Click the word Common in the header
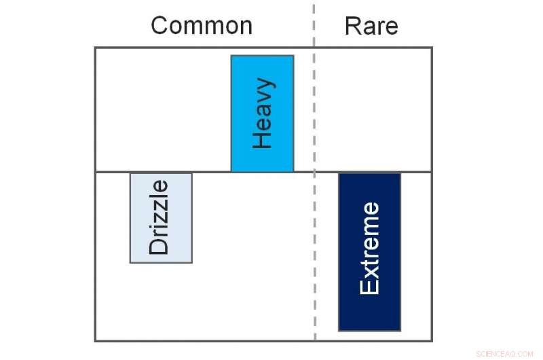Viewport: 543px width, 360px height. click(202, 26)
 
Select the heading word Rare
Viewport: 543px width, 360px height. click(371, 26)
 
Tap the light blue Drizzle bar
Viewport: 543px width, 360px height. click(161, 218)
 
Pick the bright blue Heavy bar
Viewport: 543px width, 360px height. click(263, 113)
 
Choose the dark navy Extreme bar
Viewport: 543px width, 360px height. click(370, 252)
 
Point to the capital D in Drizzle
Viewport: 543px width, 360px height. click(159, 245)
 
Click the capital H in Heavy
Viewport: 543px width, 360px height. click(262, 139)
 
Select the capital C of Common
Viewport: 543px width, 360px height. click(160, 26)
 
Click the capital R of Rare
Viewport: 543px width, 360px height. click(354, 26)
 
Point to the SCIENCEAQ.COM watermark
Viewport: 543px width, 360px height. click(504, 354)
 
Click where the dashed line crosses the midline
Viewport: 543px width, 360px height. click(314, 172)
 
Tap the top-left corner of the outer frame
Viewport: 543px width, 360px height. click(95, 48)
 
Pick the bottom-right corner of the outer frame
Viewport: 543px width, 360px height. click(432, 341)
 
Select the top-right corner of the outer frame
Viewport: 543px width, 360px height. click(432, 48)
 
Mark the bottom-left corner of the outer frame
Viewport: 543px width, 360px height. click(95, 341)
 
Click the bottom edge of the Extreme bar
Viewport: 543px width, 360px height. click(370, 331)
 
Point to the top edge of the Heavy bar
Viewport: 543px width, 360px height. click(263, 56)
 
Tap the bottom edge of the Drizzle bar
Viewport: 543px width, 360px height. click(161, 263)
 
